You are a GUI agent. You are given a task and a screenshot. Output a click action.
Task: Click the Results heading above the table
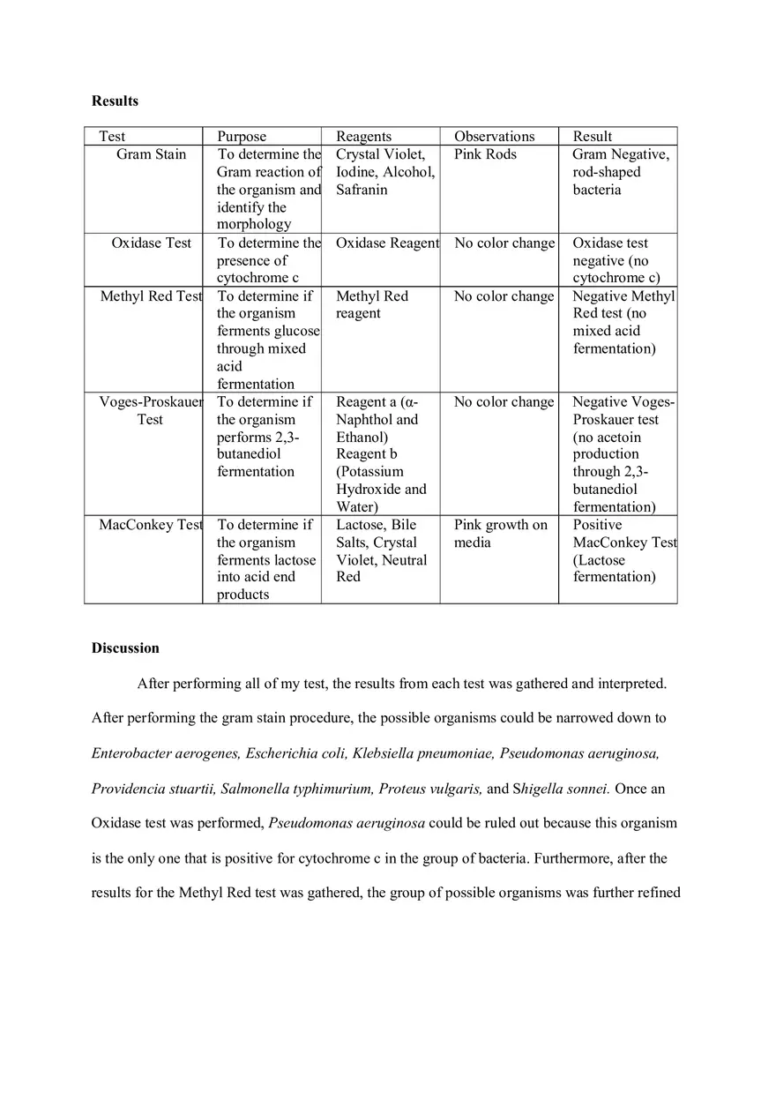[115, 101]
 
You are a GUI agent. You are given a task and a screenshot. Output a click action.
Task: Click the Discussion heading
[125, 647]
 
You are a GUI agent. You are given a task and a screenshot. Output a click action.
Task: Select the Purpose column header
[242, 136]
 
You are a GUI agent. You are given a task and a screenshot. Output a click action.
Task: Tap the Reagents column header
[363, 136]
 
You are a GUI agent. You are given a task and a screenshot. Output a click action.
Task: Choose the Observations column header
[494, 136]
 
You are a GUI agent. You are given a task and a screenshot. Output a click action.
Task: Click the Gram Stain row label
[151, 154]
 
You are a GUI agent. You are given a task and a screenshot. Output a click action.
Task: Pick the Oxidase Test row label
[151, 243]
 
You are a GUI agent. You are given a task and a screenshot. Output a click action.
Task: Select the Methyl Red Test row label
[151, 296]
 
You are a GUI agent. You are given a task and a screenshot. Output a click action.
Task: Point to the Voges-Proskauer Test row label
[151, 410]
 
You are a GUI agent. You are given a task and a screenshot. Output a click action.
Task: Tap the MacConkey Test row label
[151, 525]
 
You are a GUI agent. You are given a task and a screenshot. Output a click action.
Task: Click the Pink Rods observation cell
[485, 154]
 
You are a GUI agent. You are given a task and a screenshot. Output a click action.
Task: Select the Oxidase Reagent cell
[387, 243]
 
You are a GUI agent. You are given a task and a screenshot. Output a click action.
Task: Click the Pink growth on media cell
[500, 533]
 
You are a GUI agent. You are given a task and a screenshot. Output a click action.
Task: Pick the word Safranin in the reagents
[362, 190]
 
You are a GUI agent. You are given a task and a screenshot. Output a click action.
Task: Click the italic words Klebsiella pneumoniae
[424, 753]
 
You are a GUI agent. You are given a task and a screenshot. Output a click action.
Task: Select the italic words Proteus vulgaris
[431, 788]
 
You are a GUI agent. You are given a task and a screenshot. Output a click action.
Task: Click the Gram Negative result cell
[620, 172]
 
